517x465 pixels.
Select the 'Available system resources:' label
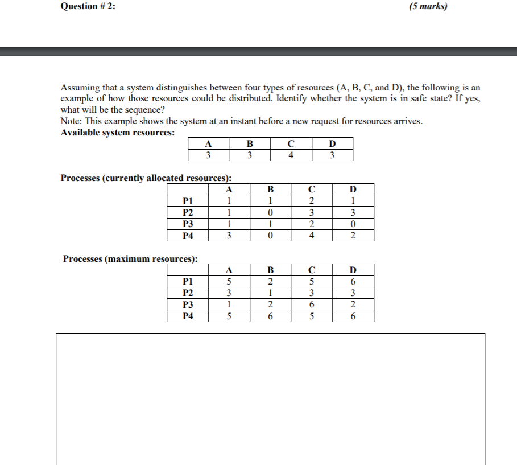[x=118, y=132]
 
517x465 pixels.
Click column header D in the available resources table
[x=332, y=143]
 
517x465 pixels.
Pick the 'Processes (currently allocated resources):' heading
[x=146, y=178]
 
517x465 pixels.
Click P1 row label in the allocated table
[x=187, y=200]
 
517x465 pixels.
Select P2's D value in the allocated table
[x=353, y=212]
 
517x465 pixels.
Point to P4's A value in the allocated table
[x=229, y=236]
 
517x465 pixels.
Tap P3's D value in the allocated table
[x=353, y=224]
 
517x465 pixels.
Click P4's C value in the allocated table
[x=311, y=236]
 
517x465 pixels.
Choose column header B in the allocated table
[x=270, y=189]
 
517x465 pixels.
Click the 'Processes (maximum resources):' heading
[x=130, y=258]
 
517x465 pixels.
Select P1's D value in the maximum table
[x=353, y=281]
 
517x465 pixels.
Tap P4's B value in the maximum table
[x=270, y=316]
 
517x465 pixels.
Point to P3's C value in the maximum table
[x=311, y=304]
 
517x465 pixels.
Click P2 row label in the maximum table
[x=187, y=293]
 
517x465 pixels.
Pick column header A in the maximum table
[x=229, y=270]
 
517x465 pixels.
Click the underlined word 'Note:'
[x=72, y=121]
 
